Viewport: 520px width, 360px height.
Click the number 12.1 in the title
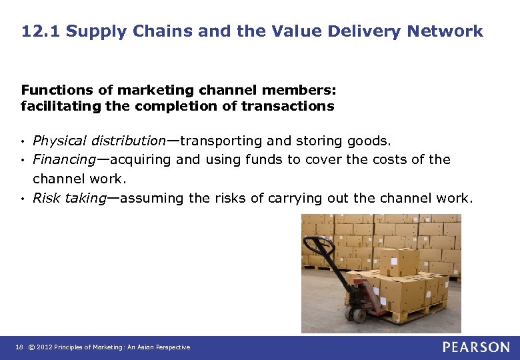click(40, 31)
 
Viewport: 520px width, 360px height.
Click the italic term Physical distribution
click(99, 141)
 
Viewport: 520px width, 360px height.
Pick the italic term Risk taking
click(69, 198)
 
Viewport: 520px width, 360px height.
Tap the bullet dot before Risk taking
click(23, 199)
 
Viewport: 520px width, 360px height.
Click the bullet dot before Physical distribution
click(23, 141)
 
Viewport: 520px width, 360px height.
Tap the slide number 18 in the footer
click(19, 347)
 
